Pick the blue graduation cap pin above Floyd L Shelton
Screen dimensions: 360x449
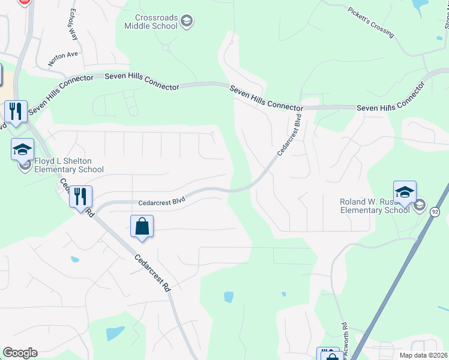pos(23,149)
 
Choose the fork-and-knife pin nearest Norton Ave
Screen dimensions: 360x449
pos(16,111)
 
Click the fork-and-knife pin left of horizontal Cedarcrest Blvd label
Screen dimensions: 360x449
pos(80,196)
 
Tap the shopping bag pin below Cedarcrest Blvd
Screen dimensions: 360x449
pos(142,227)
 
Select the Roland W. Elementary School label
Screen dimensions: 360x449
pos(375,206)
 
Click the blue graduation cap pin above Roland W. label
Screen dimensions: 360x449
pos(405,192)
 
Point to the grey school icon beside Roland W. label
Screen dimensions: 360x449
pos(419,206)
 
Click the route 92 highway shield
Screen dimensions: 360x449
pos(435,212)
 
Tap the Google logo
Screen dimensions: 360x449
pos(20,353)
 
